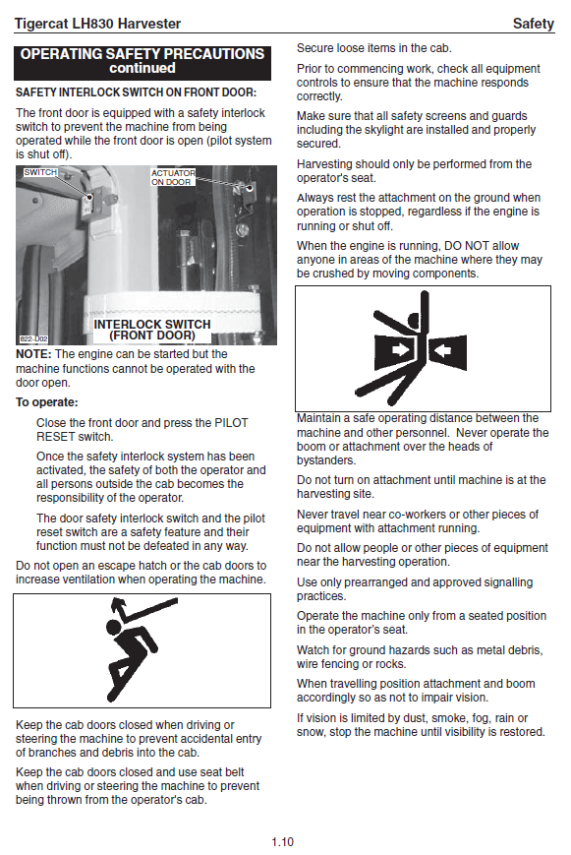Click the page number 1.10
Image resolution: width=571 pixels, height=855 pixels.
[282, 842]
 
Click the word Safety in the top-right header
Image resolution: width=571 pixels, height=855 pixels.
[533, 24]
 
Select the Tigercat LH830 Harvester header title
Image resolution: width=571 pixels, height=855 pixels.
[97, 24]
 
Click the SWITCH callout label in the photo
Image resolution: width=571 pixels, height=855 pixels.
[40, 172]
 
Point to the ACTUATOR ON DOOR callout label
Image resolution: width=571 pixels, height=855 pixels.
[173, 177]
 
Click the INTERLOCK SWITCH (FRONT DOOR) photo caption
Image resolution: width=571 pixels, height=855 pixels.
[152, 330]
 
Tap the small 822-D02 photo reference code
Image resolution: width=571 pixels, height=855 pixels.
[33, 338]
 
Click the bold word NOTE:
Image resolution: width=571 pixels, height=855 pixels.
[33, 354]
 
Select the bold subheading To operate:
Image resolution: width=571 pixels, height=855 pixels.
[47, 402]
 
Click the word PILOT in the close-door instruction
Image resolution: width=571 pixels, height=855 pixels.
[231, 423]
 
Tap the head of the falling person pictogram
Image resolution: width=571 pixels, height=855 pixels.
[114, 628]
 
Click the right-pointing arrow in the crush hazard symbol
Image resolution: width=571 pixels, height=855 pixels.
[400, 349]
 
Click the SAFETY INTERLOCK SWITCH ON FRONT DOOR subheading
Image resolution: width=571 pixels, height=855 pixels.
[137, 92]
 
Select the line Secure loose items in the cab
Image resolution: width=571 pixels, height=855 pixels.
[374, 48]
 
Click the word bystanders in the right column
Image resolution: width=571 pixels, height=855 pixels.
[326, 460]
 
